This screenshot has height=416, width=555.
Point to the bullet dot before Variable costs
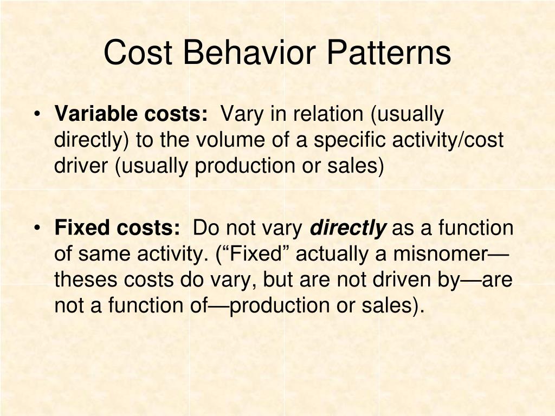tap(37, 114)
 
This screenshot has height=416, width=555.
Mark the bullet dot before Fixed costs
tap(37, 229)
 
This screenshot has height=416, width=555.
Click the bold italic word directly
tap(348, 229)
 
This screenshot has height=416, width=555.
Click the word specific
tap(348, 140)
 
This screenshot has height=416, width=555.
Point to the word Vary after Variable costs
tap(242, 114)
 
